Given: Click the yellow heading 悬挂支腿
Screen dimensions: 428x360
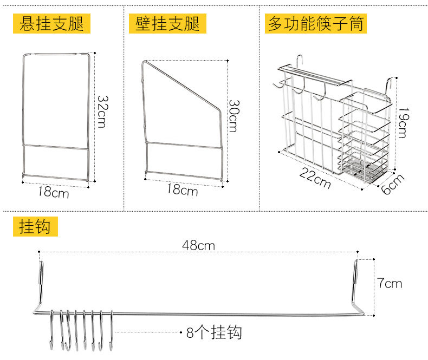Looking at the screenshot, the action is (52, 23).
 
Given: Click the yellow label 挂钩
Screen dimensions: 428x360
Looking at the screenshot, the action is (34, 226).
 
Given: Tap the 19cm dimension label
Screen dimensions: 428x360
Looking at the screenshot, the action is (401, 123).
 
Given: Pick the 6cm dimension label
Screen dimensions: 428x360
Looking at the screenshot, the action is (393, 186).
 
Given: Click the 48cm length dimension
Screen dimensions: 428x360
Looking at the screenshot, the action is (198, 246).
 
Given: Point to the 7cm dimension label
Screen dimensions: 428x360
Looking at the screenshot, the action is (390, 283).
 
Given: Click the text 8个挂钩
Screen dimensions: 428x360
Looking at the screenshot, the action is (214, 332).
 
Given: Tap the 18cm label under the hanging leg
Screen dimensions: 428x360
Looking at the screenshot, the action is (54, 192).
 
